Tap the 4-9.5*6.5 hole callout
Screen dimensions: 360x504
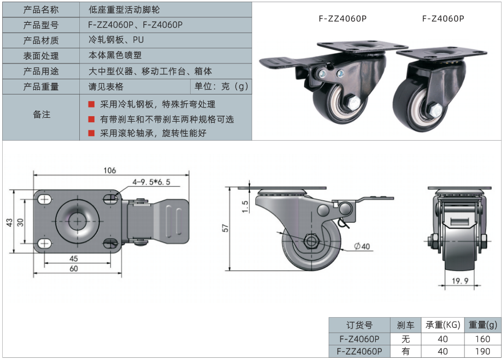[150, 182]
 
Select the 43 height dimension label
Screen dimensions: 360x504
[9, 223]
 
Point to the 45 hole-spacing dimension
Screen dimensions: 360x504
[74, 258]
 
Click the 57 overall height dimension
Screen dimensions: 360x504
[226, 228]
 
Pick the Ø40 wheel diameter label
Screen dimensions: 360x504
[362, 246]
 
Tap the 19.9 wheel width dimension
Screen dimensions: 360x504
[459, 281]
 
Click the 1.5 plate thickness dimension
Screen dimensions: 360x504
[245, 207]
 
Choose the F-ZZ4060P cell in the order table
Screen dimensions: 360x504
[360, 351]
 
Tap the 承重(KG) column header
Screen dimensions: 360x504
[443, 325]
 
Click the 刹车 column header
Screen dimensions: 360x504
[406, 325]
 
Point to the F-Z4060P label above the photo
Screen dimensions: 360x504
[443, 18]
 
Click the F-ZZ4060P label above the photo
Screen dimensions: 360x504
[343, 18]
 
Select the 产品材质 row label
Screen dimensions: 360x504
[41, 40]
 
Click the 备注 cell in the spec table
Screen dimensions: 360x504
[41, 115]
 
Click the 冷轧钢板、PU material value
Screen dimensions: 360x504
[116, 40]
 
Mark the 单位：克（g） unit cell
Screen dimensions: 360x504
[221, 86]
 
